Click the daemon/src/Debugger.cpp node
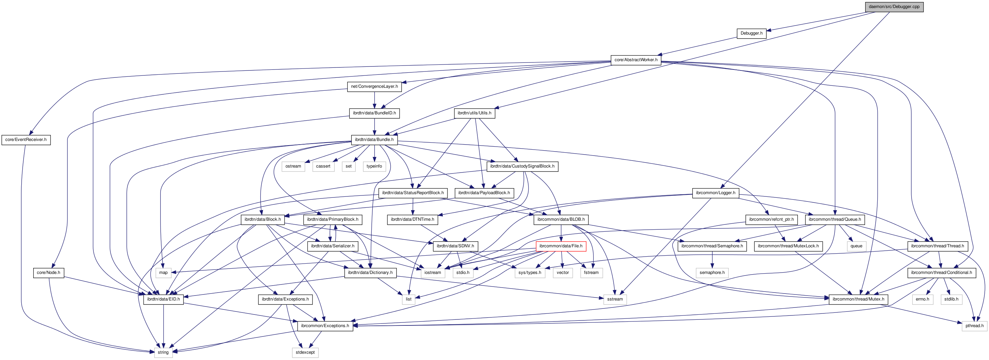pos(894,7)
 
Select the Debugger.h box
pos(751,33)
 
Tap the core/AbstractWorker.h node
pos(636,60)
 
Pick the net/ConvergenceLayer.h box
pos(374,87)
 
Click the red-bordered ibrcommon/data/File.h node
pos(560,246)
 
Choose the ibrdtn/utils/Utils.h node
pos(474,113)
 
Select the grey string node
pos(163,352)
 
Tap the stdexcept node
pos(305,352)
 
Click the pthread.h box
pos(974,326)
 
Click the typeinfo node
pos(374,166)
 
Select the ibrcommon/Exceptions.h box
pos(325,326)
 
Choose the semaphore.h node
pos(712,273)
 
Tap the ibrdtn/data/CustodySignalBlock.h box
pos(522,166)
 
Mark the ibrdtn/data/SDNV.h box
pos(455,246)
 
